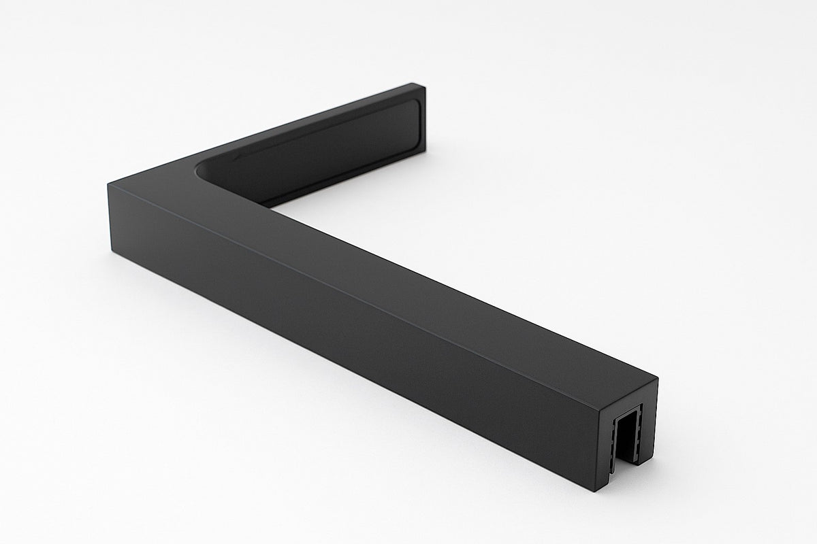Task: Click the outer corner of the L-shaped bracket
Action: pos(109,185)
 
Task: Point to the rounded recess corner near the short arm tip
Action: pos(412,105)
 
